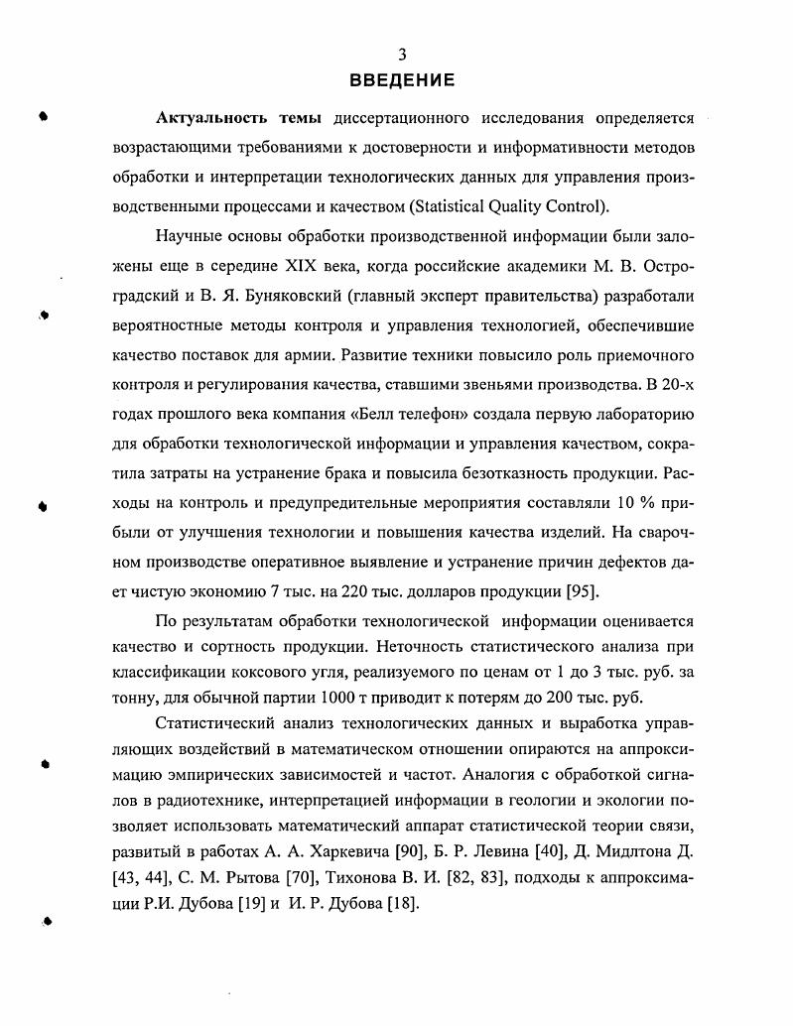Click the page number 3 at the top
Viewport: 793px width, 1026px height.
[x=402, y=56]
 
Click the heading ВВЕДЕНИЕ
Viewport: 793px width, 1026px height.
[x=402, y=80]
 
